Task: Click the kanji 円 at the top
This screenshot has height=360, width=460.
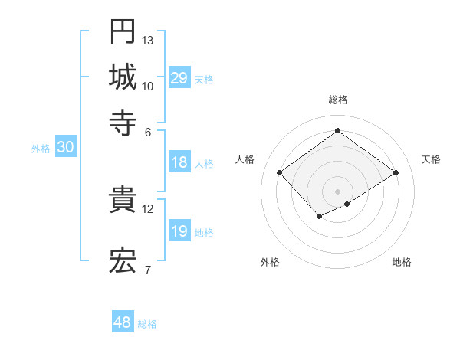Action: pyautogui.click(x=123, y=31)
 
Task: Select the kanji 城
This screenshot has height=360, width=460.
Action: pyautogui.click(x=123, y=77)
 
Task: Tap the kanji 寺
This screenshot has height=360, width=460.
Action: pyautogui.click(x=123, y=122)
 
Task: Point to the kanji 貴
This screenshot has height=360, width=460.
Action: pyautogui.click(x=123, y=200)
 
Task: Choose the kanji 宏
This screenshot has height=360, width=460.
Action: pyautogui.click(x=123, y=260)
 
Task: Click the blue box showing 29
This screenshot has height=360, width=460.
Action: pyautogui.click(x=179, y=78)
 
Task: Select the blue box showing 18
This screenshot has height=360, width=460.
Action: pyautogui.click(x=179, y=162)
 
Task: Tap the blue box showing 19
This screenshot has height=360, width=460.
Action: pyautogui.click(x=179, y=231)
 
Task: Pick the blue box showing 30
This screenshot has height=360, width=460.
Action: pyautogui.click(x=65, y=148)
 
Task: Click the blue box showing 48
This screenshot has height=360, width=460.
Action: pyautogui.click(x=123, y=322)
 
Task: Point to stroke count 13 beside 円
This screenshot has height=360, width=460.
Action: pyautogui.click(x=148, y=40)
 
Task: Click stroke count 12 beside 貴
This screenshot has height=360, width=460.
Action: pyautogui.click(x=148, y=208)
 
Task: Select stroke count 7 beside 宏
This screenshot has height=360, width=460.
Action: pyautogui.click(x=147, y=269)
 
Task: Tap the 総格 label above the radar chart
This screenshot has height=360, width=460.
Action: pyautogui.click(x=338, y=100)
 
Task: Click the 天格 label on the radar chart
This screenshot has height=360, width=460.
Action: pyautogui.click(x=431, y=159)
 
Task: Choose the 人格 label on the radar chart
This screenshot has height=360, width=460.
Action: pyautogui.click(x=245, y=159)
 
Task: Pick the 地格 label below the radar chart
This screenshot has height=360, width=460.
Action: pyautogui.click(x=402, y=262)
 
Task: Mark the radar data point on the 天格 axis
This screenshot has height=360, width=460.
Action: pyautogui.click(x=396, y=173)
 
